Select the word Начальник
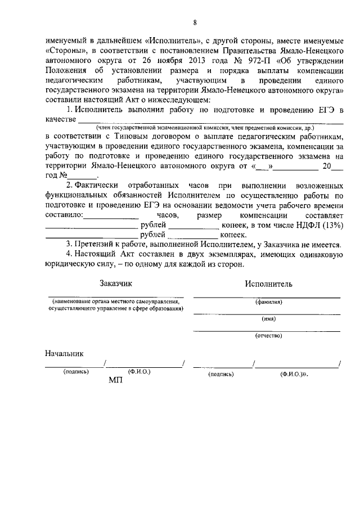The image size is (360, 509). [x=64, y=354]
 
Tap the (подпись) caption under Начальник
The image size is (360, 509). [x=76, y=372]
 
